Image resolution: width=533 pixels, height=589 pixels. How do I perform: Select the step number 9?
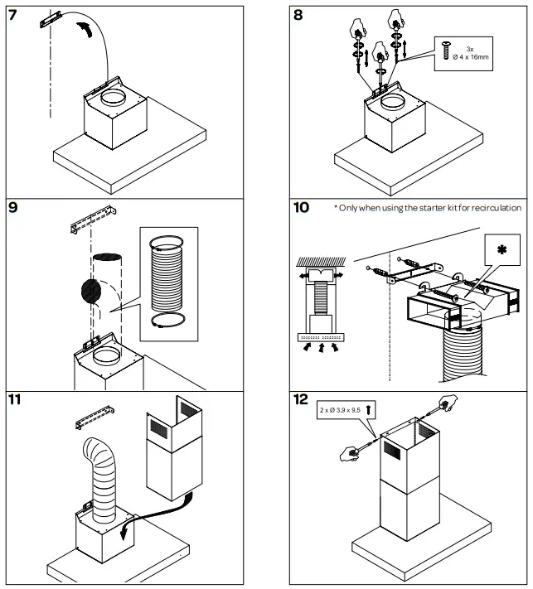tap(14, 207)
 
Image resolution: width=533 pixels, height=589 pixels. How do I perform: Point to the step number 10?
tap(304, 207)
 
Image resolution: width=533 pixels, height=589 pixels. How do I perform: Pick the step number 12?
tap(303, 400)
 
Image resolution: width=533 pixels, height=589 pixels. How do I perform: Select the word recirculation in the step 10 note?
tap(493, 207)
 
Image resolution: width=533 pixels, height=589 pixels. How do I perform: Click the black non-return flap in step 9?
tap(90, 291)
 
